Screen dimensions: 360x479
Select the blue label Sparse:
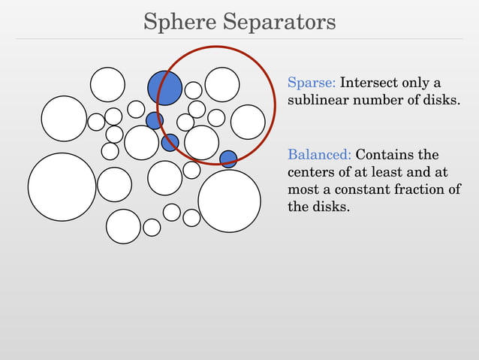312,82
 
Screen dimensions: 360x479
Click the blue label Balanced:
319,155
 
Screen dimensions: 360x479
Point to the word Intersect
371,82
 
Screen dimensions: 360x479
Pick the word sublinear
316,100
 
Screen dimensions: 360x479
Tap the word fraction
417,189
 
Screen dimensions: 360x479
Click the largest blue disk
164,88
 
